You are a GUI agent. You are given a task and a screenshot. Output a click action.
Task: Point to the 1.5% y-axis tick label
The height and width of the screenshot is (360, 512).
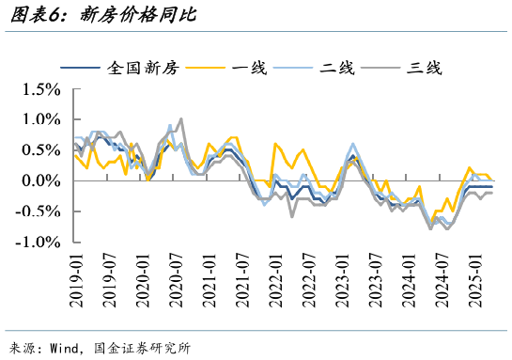coord(40,89)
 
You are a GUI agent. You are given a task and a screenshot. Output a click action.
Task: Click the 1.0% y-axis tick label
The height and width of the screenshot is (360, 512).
coord(40,119)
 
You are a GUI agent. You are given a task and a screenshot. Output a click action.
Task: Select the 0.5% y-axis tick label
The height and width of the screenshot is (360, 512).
coord(40,150)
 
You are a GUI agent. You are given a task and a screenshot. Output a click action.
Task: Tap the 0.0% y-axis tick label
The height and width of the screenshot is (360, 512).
coord(40,180)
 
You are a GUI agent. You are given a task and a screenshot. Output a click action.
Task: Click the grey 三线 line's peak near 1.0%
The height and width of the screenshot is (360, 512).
coord(180,119)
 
